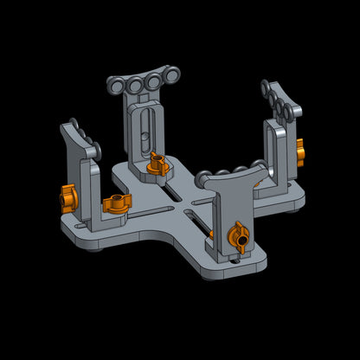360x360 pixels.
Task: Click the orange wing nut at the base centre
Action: (157, 164)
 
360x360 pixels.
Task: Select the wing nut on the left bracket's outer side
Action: (69, 198)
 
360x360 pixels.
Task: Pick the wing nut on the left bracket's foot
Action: (115, 204)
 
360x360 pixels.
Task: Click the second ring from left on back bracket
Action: (136, 87)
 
